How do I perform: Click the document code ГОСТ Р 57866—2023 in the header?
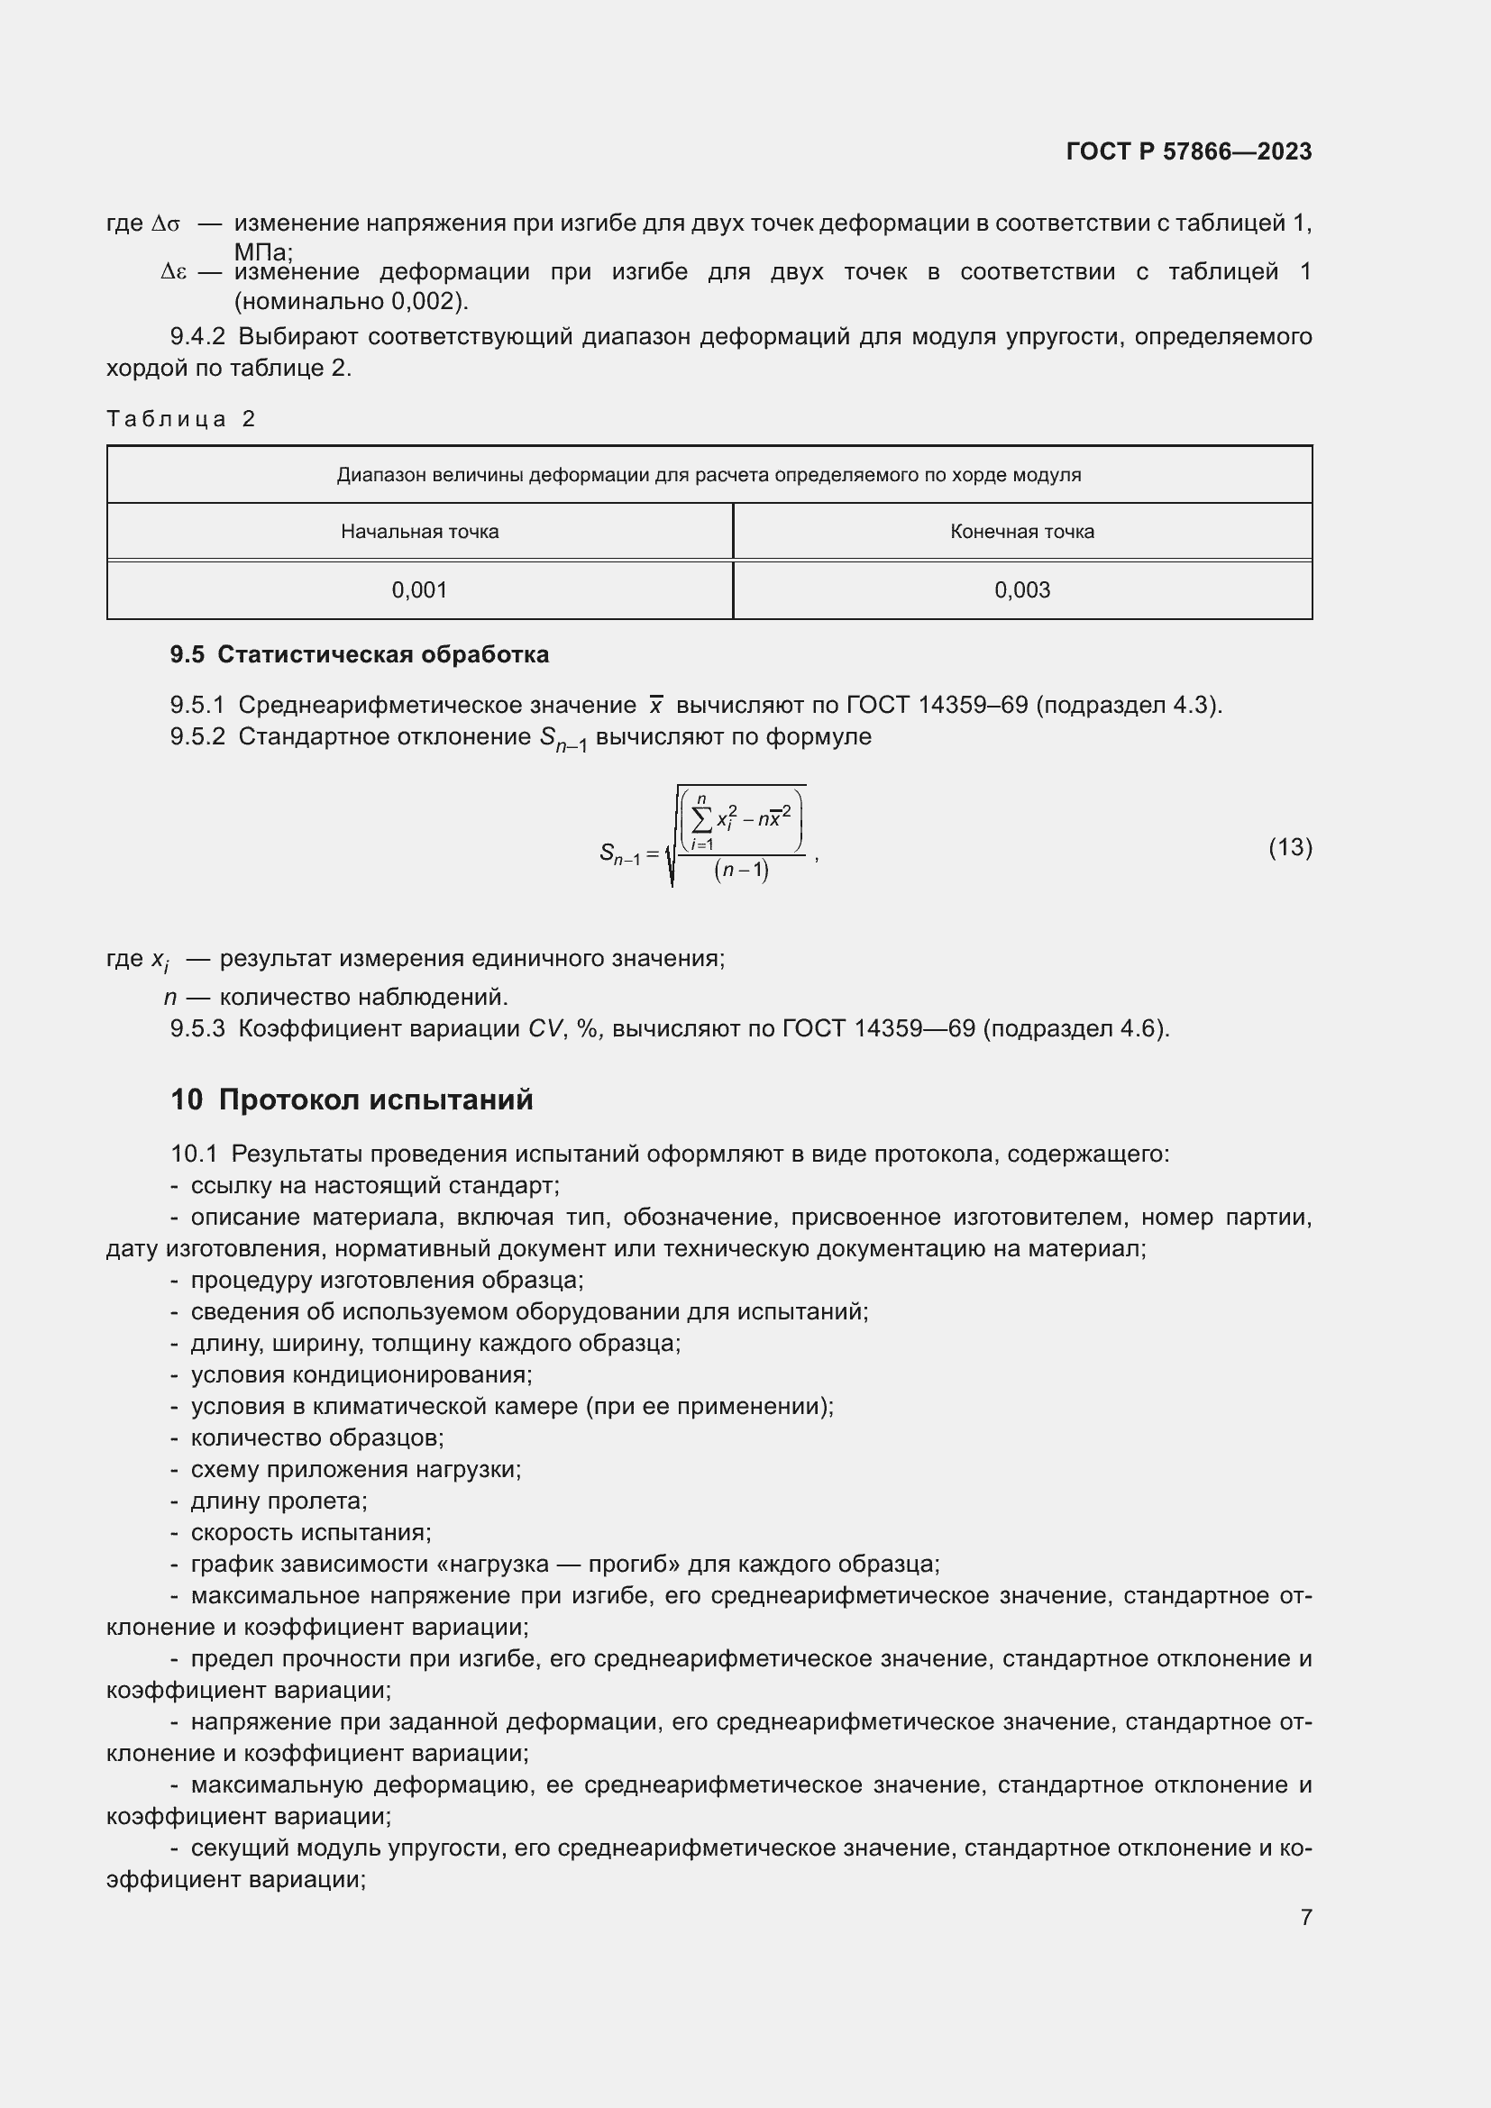pos(1188,151)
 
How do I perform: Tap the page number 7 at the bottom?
pos(1305,1917)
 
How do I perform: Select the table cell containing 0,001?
pos(419,590)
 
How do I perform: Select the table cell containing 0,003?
pos(1022,590)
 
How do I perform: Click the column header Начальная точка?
pos(419,532)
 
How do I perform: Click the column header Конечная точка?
pos(1022,532)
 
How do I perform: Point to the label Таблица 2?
pos(181,420)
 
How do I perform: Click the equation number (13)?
pos(1290,846)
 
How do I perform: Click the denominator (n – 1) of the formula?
pos(741,870)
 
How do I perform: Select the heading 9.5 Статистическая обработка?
pos(359,654)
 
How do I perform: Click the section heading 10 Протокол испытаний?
pos(352,1100)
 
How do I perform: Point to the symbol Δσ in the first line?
pos(166,224)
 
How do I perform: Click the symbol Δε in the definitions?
pos(173,273)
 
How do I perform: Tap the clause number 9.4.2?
pos(197,337)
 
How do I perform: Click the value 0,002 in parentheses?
pos(420,301)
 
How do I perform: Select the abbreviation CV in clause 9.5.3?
pos(545,1028)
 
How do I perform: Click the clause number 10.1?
pos(194,1154)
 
